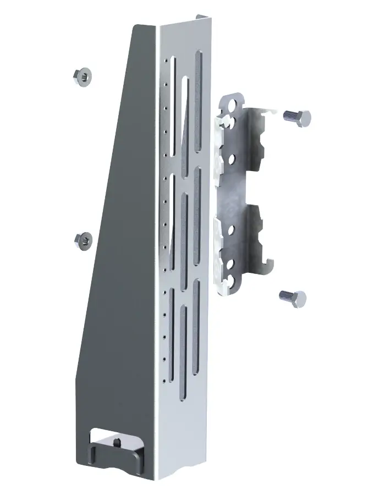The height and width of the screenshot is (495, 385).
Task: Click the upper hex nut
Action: click(x=82, y=76)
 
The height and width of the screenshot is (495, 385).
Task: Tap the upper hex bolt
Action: click(x=297, y=117)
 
